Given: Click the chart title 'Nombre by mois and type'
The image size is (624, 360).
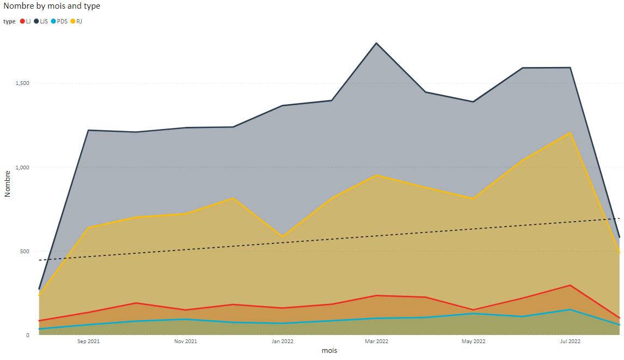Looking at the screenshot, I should point(52,6).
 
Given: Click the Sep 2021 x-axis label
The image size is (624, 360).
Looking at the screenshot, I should point(89,341).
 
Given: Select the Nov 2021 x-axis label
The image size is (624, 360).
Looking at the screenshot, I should point(186,341).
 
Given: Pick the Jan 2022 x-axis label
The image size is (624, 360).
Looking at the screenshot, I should point(283,341).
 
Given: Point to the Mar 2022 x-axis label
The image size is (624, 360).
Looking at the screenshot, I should point(376,341).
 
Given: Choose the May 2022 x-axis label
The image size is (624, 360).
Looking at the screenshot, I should point(473,341).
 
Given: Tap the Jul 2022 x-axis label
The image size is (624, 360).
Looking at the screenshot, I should point(570,341).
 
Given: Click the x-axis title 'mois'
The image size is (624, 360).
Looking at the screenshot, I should point(329,351).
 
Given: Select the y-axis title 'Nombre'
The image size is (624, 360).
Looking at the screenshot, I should point(8,183).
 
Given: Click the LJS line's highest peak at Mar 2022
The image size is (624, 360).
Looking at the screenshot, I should point(376,43).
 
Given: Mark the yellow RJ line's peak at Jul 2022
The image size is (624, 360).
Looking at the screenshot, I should point(570,132).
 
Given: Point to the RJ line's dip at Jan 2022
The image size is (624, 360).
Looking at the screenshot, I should point(283,237).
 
